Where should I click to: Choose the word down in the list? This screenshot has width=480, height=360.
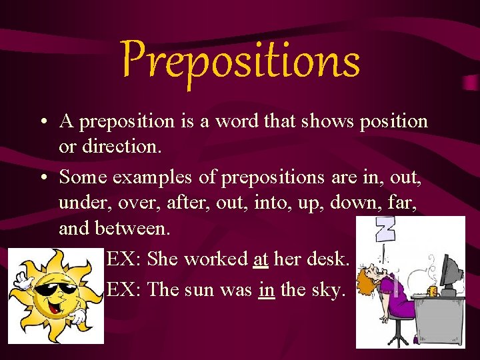(355, 203)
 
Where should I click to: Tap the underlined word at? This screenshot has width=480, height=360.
(261, 259)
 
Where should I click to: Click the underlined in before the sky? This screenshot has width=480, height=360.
(266, 289)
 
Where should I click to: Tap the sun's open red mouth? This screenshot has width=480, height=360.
(54, 308)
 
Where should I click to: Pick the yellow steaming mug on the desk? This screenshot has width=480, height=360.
(432, 291)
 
